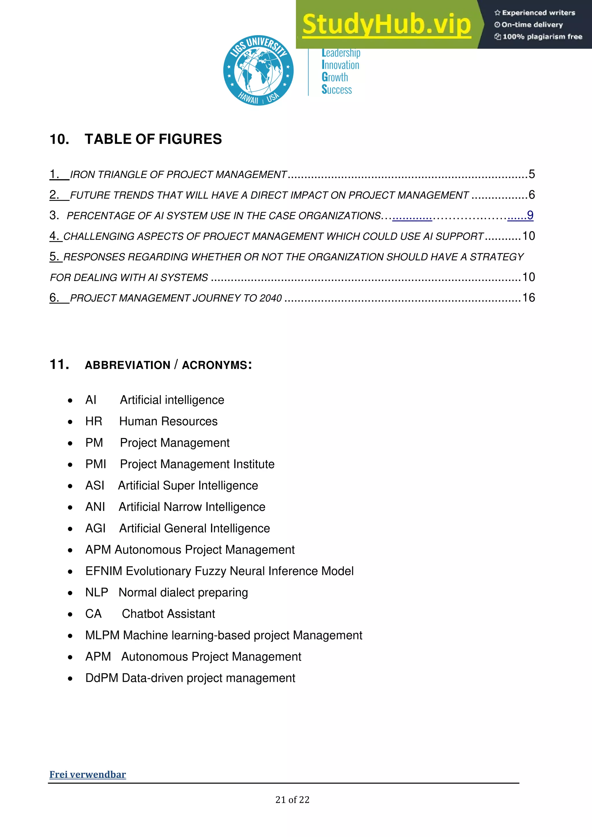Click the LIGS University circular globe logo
click(x=258, y=70)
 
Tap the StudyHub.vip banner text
click(x=386, y=25)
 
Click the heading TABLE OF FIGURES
click(x=153, y=139)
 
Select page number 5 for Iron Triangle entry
click(x=532, y=174)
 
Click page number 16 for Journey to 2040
click(x=529, y=298)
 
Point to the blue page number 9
click(x=530, y=215)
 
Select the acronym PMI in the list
click(x=95, y=464)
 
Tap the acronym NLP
click(x=97, y=593)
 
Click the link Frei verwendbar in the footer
click(x=88, y=775)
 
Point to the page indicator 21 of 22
click(x=292, y=800)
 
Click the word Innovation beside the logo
click(x=341, y=65)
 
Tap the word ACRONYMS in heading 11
click(x=215, y=365)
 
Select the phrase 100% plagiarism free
click(x=542, y=37)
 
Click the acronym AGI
click(x=95, y=529)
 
